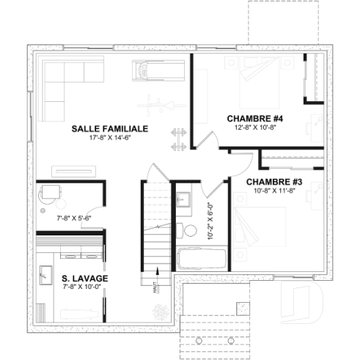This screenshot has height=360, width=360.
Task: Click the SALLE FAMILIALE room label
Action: (x=109, y=128)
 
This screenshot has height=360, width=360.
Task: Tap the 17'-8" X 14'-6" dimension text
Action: (x=109, y=137)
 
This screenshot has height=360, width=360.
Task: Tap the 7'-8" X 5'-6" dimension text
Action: (x=73, y=218)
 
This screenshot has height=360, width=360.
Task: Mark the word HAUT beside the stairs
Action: (x=155, y=287)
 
